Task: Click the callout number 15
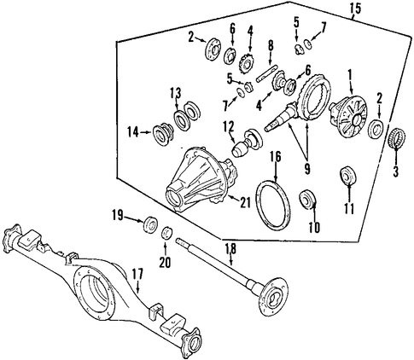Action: coord(355,9)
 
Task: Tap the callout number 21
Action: coord(245,202)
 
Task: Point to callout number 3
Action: coord(396,171)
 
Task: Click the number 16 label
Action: coord(276,156)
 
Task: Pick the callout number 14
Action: coord(133,132)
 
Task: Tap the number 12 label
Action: coord(229,127)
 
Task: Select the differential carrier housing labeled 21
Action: coord(201,179)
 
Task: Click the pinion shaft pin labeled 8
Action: coord(266,73)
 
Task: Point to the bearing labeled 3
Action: coord(396,137)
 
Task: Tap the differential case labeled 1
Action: coord(348,116)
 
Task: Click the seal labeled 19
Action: coord(150,224)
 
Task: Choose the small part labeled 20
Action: coord(167,232)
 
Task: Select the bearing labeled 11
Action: coord(348,174)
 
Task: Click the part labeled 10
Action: coord(307,199)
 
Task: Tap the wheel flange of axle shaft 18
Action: coord(274,297)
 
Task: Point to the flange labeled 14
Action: coord(163,133)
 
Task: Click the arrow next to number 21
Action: coord(233,198)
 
